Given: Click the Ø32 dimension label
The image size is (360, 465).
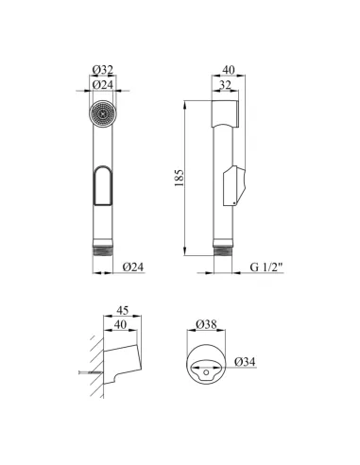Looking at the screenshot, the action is coord(103,70).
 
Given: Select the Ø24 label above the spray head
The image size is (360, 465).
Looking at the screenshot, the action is coord(103,85).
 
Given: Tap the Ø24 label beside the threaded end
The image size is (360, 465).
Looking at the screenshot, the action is coord(133,267).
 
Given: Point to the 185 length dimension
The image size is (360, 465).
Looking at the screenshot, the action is coord(179,178).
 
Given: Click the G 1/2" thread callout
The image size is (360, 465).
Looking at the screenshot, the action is coord(266,267).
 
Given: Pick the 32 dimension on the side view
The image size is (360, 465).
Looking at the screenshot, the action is coord(225,85).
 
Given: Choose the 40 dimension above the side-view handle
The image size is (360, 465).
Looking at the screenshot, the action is coord(229,70).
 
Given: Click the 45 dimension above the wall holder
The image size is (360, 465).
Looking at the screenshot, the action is coord(123,310).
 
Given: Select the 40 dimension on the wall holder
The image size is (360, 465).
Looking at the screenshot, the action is coord(120,324).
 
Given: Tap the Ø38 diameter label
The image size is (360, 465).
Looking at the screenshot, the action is coord(206,324).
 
